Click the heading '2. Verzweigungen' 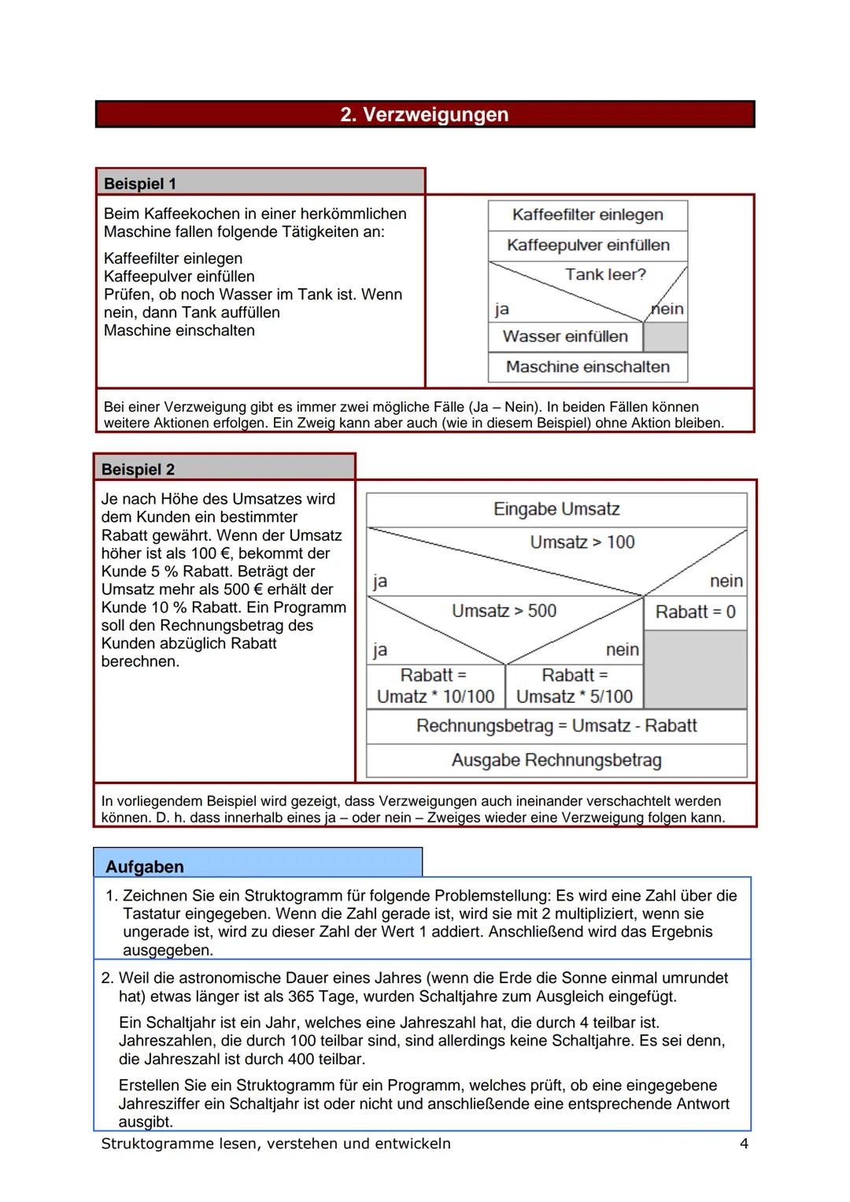424,115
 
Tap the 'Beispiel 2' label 138,469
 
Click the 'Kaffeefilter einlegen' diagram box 587,215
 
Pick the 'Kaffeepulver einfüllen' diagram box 587,245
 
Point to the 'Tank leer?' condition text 604,275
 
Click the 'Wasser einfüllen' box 565,337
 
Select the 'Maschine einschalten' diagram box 587,367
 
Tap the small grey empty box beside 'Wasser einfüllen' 665,337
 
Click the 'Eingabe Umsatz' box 556,509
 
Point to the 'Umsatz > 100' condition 582,542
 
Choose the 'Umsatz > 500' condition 504,611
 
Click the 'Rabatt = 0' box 695,612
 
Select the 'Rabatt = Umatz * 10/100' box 435,686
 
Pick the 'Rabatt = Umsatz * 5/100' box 575,686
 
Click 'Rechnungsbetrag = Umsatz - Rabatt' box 556,726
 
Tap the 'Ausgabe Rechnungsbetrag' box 556,760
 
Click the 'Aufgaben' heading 145,867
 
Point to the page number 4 744,1144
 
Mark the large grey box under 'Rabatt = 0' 695,669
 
